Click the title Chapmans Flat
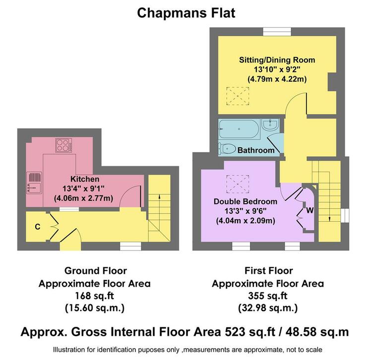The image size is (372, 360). click(186, 13)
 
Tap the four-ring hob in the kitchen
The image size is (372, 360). click(64, 145)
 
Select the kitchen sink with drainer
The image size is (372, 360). click(34, 182)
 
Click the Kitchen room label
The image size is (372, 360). click(85, 179)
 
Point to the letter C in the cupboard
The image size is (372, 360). click(38, 227)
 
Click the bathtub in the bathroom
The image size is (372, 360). click(239, 129)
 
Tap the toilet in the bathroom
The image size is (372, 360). click(227, 149)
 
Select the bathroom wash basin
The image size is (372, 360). click(270, 124)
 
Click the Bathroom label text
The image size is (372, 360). click(256, 150)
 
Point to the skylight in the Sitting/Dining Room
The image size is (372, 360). click(238, 96)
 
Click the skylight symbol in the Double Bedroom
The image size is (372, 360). click(238, 184)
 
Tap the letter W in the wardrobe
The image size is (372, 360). click(310, 210)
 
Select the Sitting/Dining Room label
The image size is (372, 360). click(277, 60)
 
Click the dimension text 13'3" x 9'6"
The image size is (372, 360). click(246, 211)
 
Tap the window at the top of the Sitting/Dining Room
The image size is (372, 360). click(277, 32)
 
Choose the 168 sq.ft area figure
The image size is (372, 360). click(94, 296)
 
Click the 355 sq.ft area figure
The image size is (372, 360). click(268, 296)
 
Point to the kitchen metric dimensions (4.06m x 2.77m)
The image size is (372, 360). click(83, 198)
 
